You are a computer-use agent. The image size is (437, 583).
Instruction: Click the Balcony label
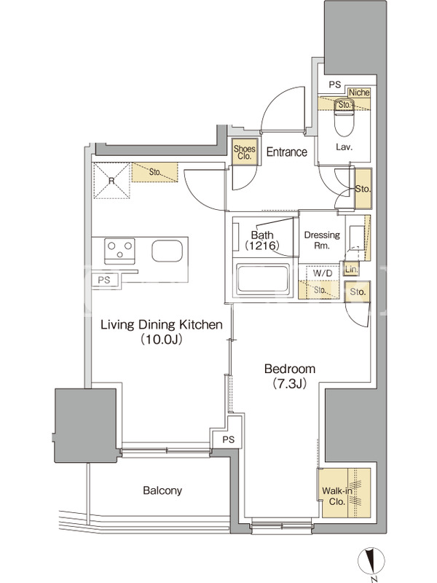click(162, 490)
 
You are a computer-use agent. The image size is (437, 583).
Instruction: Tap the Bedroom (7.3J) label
click(290, 376)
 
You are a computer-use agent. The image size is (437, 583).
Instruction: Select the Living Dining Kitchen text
click(162, 324)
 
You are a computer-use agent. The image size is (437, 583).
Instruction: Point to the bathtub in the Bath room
click(263, 279)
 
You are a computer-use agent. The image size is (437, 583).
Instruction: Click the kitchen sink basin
click(168, 251)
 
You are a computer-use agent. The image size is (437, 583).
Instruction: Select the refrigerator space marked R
click(111, 181)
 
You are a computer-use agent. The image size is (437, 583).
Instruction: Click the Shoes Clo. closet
click(244, 152)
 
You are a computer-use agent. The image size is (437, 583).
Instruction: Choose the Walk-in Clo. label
click(336, 496)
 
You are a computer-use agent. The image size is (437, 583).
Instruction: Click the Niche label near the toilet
click(359, 93)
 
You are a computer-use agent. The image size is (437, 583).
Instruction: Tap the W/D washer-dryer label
click(323, 273)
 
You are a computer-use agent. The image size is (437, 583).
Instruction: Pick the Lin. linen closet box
click(351, 269)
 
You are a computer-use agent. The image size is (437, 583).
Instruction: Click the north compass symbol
click(371, 560)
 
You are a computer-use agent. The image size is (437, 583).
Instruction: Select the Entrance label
click(287, 152)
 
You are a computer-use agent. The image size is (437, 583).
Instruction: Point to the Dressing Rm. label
click(322, 240)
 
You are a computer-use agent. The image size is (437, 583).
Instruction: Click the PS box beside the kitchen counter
click(104, 280)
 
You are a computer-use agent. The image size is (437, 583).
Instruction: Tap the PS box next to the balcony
click(229, 439)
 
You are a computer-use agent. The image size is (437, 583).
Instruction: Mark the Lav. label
click(344, 147)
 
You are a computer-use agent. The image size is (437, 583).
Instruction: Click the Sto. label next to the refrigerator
click(155, 172)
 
